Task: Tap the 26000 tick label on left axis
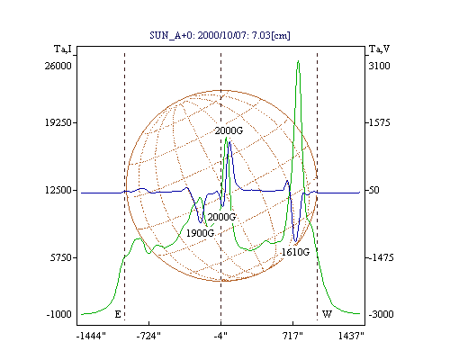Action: (x=58, y=66)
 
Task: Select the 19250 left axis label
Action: (x=58, y=122)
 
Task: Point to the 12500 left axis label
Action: (x=58, y=190)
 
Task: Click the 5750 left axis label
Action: (x=61, y=257)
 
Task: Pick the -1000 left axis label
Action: (x=58, y=314)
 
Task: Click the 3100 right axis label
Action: (x=379, y=66)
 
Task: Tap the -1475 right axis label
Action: (x=381, y=257)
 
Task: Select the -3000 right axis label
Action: (x=381, y=314)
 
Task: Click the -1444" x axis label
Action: (x=91, y=336)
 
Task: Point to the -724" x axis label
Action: (x=148, y=336)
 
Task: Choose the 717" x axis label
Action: (x=292, y=336)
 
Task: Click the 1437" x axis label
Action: (x=351, y=336)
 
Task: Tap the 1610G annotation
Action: (x=295, y=252)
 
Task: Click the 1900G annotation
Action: (x=200, y=233)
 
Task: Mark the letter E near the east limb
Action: (x=118, y=314)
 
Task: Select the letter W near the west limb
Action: (x=327, y=314)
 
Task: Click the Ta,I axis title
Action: (x=63, y=49)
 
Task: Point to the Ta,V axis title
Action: (x=379, y=49)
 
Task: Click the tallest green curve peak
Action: (x=298, y=61)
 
